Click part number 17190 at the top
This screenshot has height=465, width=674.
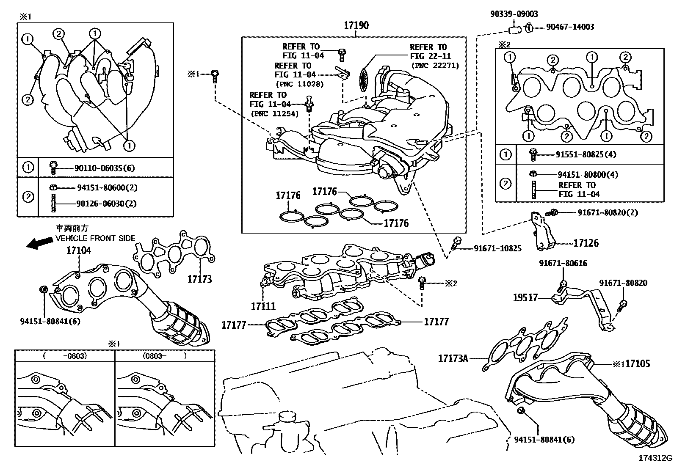pyautogui.click(x=356, y=25)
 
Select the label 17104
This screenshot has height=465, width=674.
pyautogui.click(x=78, y=250)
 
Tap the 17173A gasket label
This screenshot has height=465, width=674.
pyautogui.click(x=453, y=359)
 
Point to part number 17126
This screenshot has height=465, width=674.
pyautogui.click(x=586, y=243)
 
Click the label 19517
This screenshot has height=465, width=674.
pyautogui.click(x=525, y=298)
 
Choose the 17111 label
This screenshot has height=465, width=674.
pyautogui.click(x=263, y=306)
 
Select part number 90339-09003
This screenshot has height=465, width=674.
pyautogui.click(x=514, y=14)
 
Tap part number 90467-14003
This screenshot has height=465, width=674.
pyautogui.click(x=570, y=27)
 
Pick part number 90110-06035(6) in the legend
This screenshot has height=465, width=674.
pyautogui.click(x=104, y=168)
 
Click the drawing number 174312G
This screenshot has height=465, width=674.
pyautogui.click(x=655, y=458)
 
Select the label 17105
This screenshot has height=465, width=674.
pyautogui.click(x=637, y=363)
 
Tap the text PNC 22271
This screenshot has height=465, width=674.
pyautogui.click(x=435, y=66)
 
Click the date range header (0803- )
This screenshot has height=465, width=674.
pyautogui.click(x=164, y=356)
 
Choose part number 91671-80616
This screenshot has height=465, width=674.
pyautogui.click(x=563, y=263)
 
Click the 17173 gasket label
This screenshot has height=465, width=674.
pyautogui.click(x=199, y=279)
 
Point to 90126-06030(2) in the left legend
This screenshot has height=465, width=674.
pyautogui.click(x=106, y=204)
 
